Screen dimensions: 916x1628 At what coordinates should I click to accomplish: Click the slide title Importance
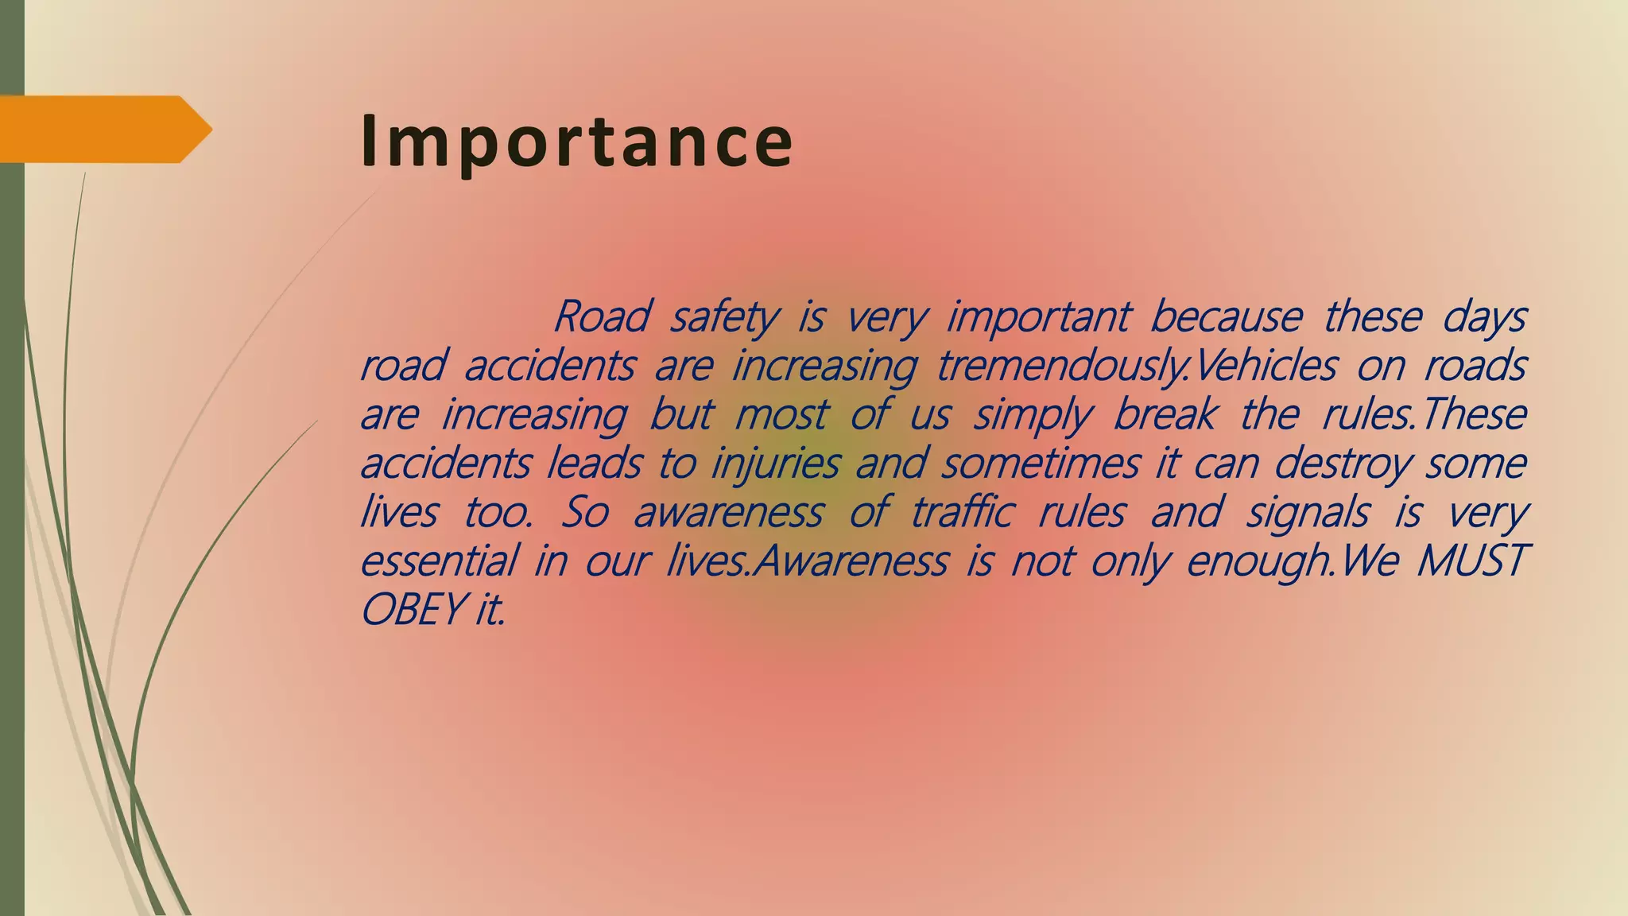coord(576,142)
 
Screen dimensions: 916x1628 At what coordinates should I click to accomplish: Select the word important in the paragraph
coord(1037,318)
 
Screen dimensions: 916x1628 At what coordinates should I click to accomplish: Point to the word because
coord(1225,316)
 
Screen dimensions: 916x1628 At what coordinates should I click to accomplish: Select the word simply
coord(1033,416)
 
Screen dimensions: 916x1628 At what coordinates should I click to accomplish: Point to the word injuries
coord(774,464)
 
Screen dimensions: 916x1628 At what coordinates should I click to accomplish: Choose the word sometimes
coord(1040,463)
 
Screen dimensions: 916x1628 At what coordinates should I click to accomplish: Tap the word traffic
coord(961,511)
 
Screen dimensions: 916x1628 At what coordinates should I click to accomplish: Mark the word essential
coord(438,560)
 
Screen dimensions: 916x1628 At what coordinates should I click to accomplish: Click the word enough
coord(1258,561)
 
